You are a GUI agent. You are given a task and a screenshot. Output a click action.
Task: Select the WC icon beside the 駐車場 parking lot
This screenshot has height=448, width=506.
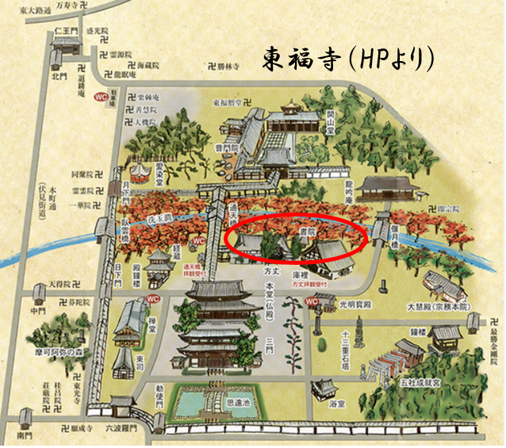click(x=102, y=97)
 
